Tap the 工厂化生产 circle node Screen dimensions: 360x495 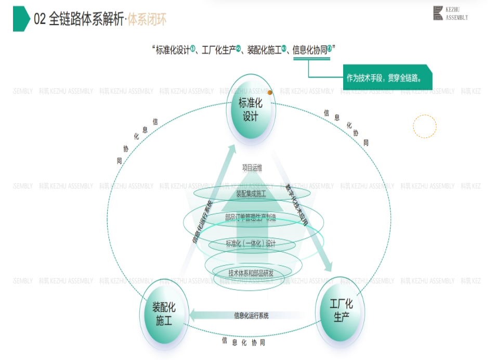(341, 310)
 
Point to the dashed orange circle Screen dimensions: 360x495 (425, 126)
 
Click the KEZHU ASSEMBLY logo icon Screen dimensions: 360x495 (438, 14)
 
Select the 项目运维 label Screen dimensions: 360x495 (252, 168)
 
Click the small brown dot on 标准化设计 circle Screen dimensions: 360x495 (270, 93)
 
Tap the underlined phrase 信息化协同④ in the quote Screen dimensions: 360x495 (312, 50)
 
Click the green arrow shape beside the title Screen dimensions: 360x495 (21, 19)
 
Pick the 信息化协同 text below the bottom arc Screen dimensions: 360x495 (244, 342)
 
